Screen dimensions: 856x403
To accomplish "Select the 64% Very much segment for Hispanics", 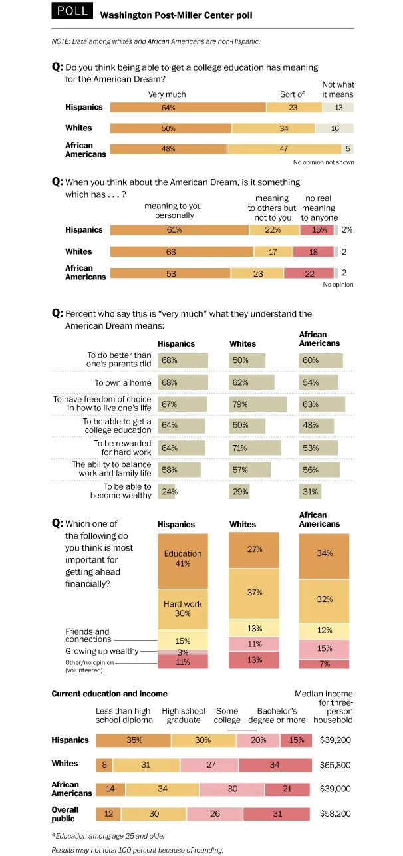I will click(x=188, y=108).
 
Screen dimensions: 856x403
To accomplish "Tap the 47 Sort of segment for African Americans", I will click(x=284, y=150).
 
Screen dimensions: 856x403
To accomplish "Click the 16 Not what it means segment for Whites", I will click(x=334, y=128).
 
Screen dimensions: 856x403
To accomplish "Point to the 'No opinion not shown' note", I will click(x=323, y=162).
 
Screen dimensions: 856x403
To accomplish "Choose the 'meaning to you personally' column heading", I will click(x=173, y=211).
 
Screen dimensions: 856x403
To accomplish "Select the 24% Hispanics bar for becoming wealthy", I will click(x=166, y=492).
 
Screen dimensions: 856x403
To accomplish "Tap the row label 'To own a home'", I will click(x=122, y=383).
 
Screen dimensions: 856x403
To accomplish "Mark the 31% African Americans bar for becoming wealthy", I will click(x=310, y=492).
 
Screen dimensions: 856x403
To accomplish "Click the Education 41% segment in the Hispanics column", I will click(x=182, y=559).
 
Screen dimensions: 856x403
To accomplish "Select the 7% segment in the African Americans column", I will click(x=324, y=664).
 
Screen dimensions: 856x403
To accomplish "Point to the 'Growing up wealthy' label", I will click(x=101, y=652).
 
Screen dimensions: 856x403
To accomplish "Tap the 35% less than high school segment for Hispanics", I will click(x=133, y=740).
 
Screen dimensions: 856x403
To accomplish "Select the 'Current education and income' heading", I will click(x=109, y=694).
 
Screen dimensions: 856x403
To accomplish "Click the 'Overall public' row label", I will click(x=65, y=813).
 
